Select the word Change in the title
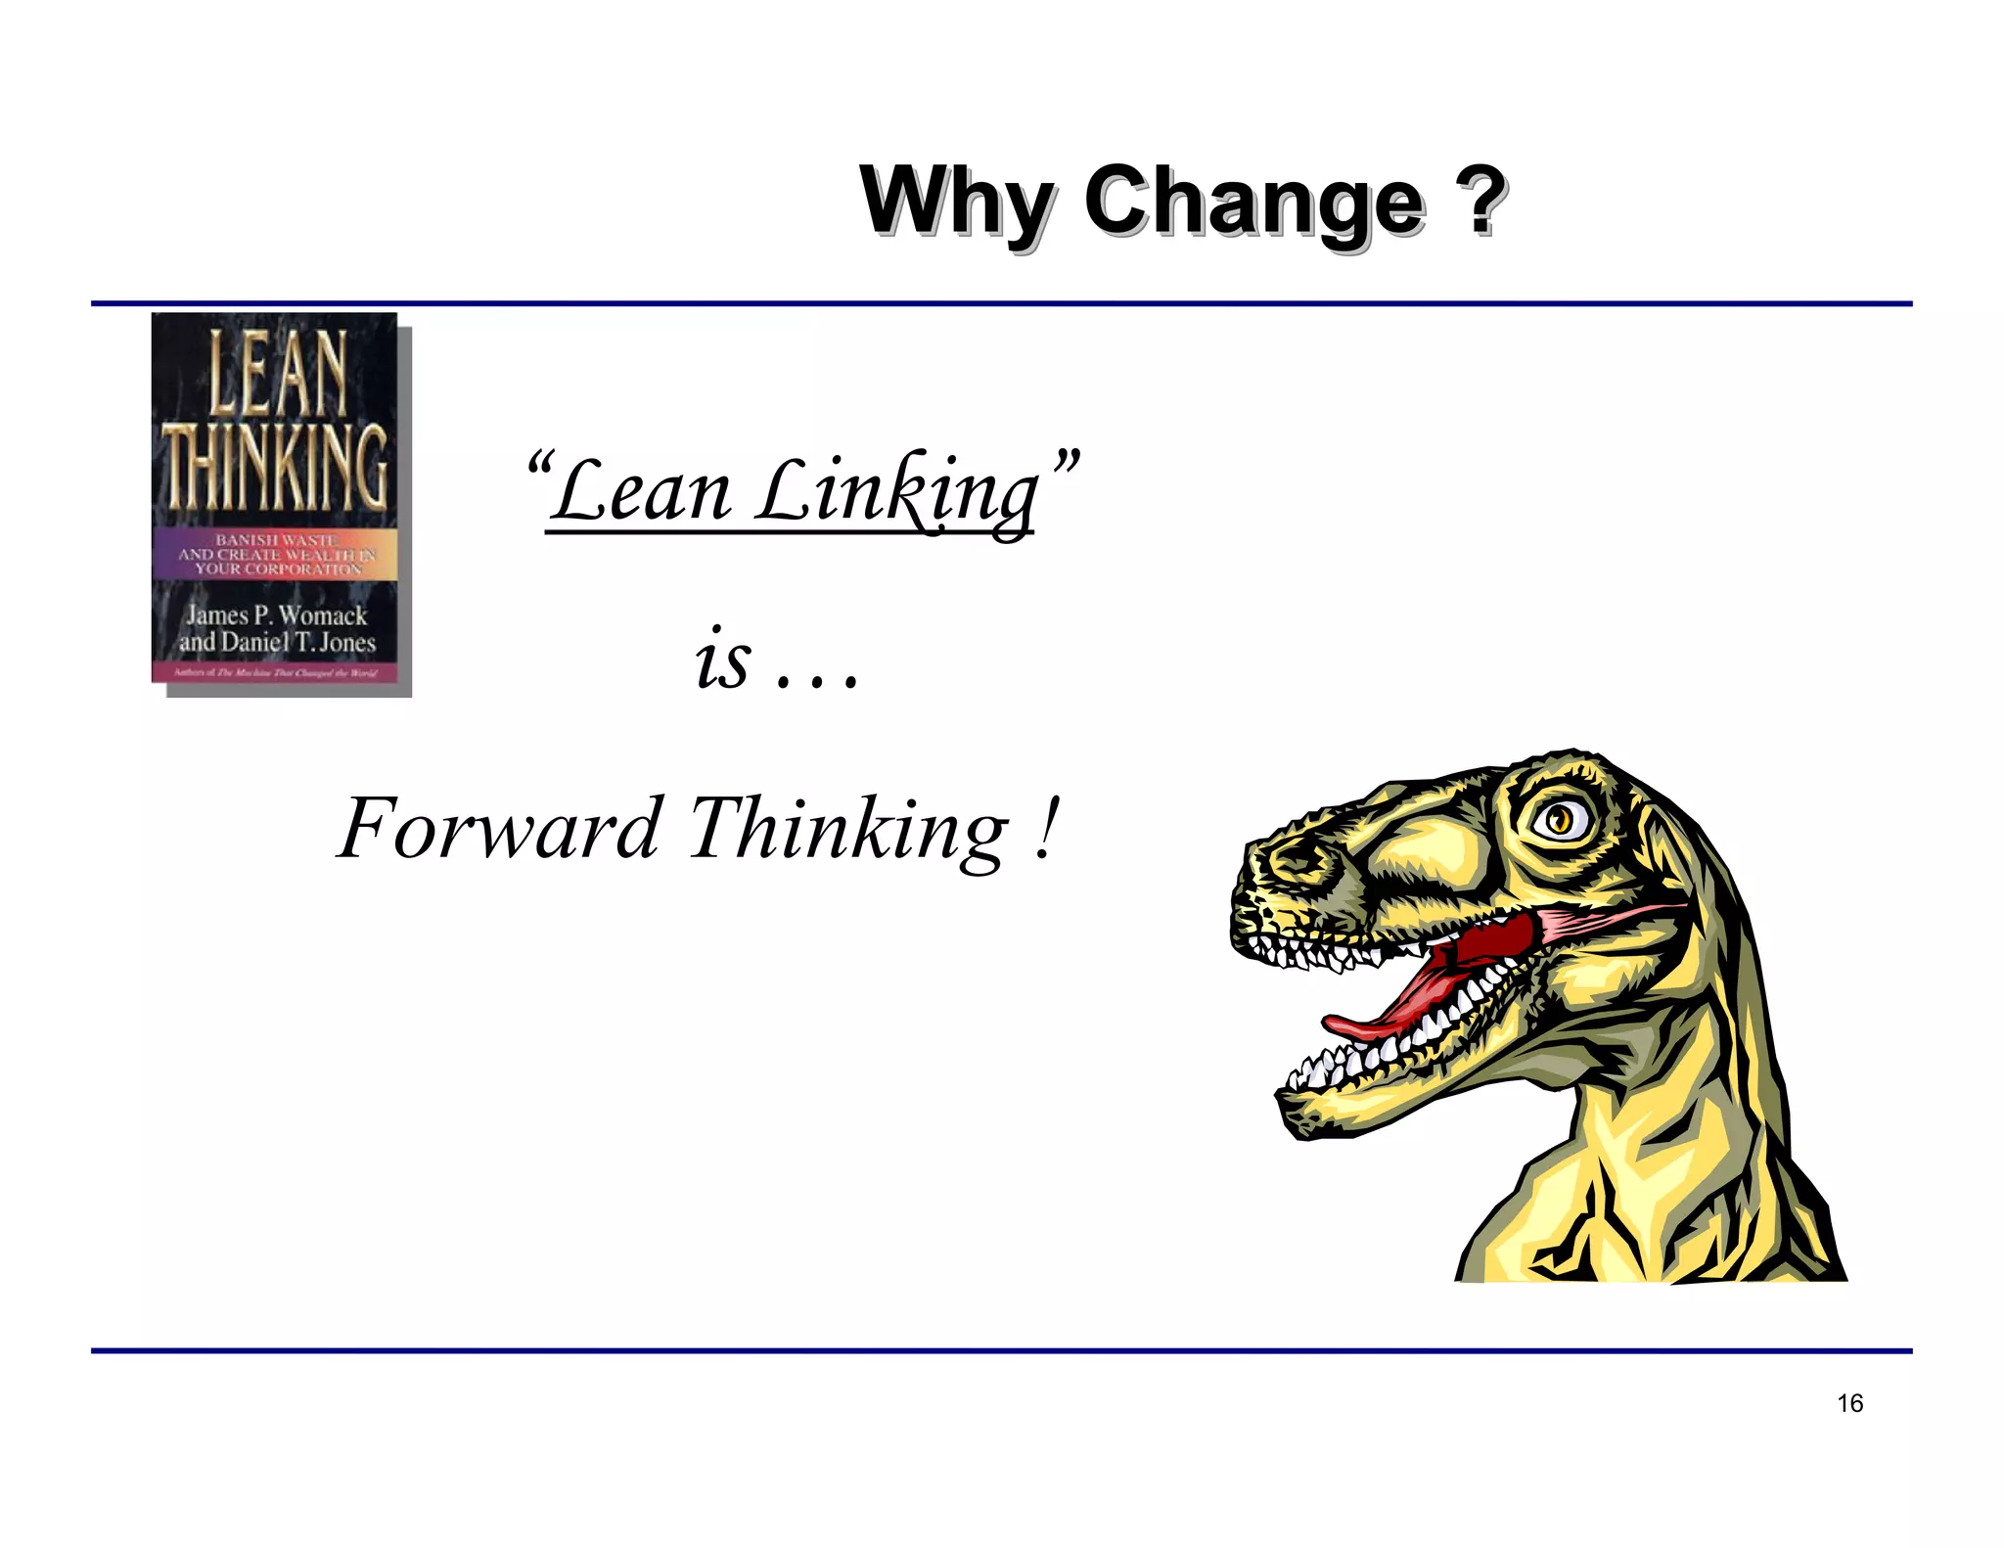coord(1253,203)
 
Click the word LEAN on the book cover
coord(278,373)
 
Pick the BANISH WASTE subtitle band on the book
coord(276,554)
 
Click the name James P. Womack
coord(277,615)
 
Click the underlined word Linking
coord(896,492)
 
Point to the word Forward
coord(499,830)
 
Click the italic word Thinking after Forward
coord(847,830)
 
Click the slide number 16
coord(1849,1403)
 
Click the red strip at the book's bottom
coord(275,672)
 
